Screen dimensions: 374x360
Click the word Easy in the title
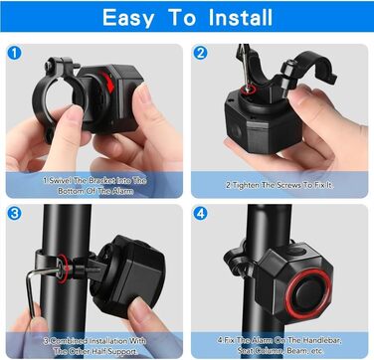click(128, 18)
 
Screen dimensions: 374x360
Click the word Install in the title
click(241, 17)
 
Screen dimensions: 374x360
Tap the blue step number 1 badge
click(14, 54)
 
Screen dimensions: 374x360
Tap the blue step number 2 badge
click(200, 53)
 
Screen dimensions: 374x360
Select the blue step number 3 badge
click(14, 214)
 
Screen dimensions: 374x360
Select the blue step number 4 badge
click(200, 214)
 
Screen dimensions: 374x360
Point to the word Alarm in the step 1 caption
click(122, 191)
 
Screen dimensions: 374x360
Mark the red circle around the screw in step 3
click(63, 268)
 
